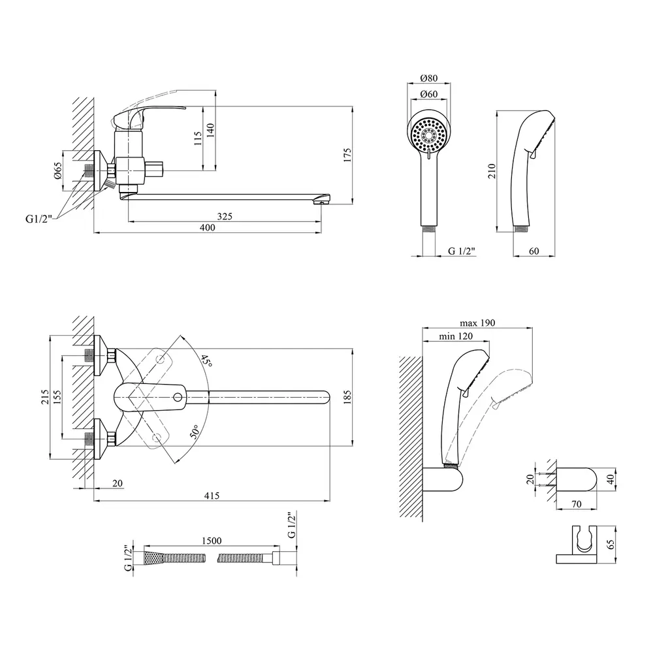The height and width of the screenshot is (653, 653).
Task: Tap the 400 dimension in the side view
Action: (208, 227)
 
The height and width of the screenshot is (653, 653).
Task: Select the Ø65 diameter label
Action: (57, 171)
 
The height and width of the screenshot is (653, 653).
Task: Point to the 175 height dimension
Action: (348, 155)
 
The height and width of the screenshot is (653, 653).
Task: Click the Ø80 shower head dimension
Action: (428, 78)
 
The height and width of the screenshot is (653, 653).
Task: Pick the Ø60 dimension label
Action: (428, 95)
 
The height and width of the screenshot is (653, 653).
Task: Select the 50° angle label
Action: (195, 432)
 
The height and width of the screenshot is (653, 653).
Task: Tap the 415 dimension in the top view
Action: (211, 496)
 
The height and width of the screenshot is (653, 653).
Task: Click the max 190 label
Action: (477, 323)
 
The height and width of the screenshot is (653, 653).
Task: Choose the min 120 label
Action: (456, 336)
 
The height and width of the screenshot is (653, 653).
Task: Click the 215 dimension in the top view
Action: (45, 397)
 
